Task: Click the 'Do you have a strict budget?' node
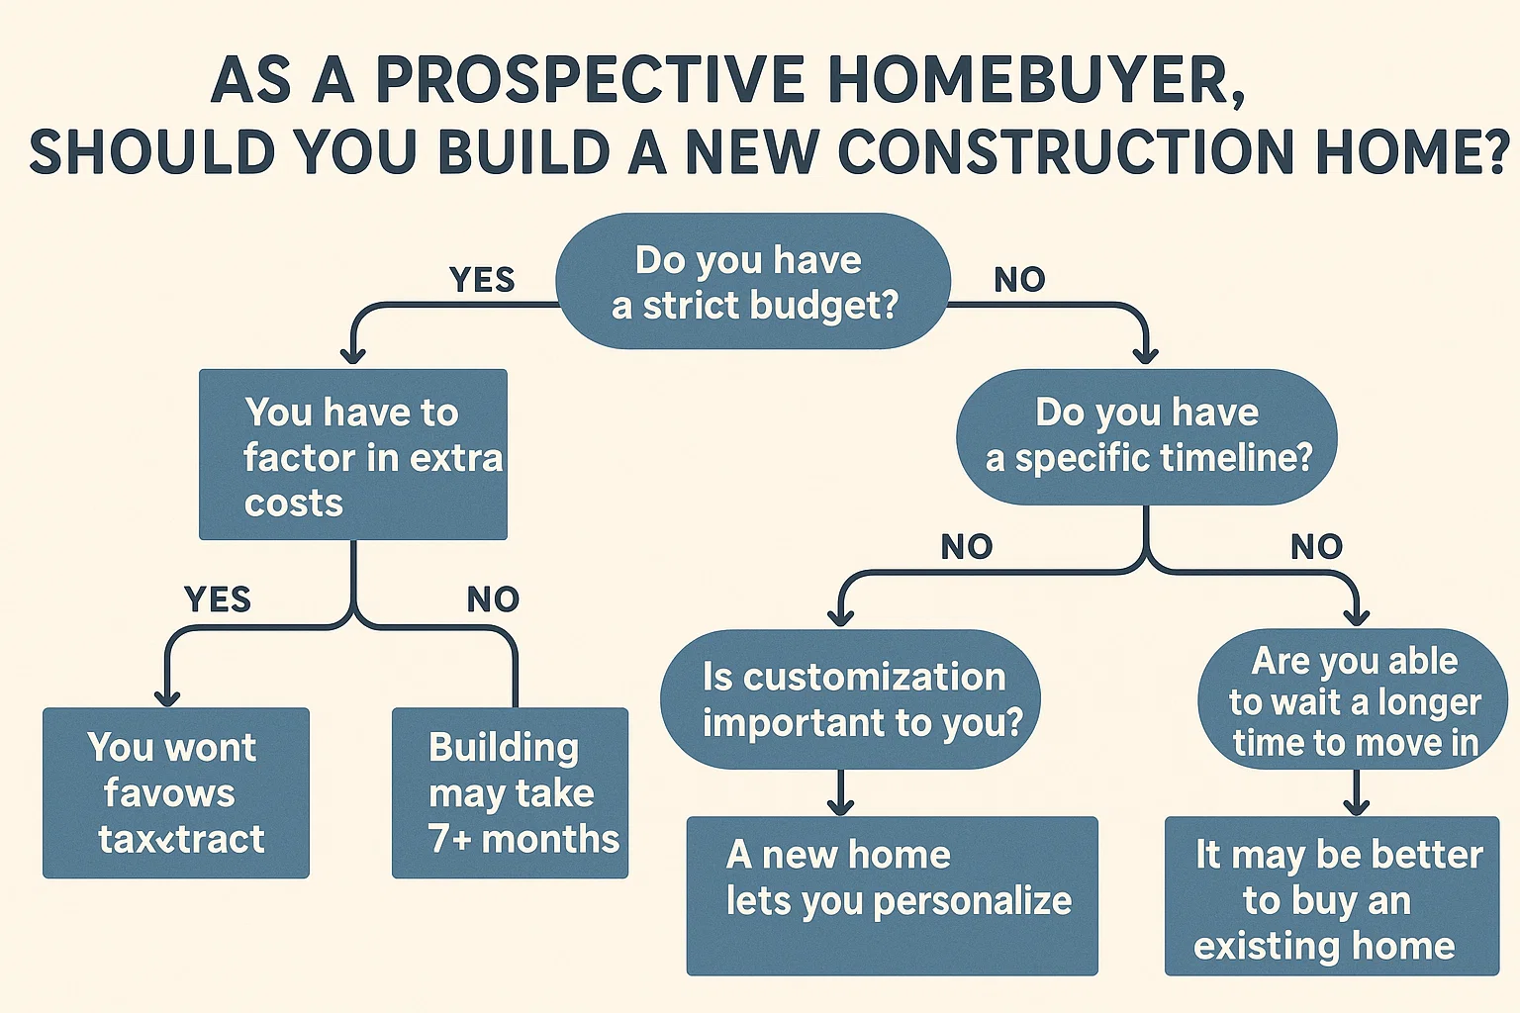coord(753,282)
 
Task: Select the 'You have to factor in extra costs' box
coord(353,455)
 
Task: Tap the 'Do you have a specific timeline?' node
coord(1147,436)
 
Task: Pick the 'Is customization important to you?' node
coord(851,699)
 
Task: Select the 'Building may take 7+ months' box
coord(511,793)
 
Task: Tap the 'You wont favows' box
coord(176,793)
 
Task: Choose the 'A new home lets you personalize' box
coord(893,895)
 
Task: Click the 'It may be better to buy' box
coord(1332,896)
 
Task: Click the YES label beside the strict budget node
coord(482,280)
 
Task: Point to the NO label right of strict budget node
coord(1019,280)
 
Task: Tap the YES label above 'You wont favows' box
coord(218,599)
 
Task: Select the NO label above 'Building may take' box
coord(493,599)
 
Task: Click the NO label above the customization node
coord(966,547)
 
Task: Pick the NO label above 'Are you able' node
coord(1316,547)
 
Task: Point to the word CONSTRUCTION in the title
coord(1055,152)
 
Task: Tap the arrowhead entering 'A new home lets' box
coord(840,805)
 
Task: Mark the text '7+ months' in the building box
coord(523,839)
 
